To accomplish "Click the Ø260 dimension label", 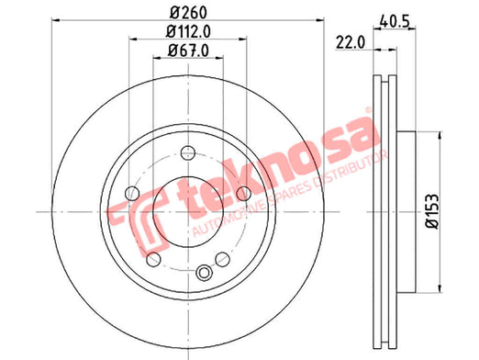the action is (189, 13).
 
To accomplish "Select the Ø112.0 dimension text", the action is (188, 32).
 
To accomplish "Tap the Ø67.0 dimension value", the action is (188, 51).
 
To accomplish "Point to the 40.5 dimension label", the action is (395, 22).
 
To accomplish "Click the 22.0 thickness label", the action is (351, 42).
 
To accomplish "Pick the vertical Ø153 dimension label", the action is (432, 211).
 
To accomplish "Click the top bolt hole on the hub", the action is (188, 152).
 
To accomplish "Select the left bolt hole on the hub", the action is (132, 193).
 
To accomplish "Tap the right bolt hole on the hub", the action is (244, 193).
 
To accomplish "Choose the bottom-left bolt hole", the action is (153, 259).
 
